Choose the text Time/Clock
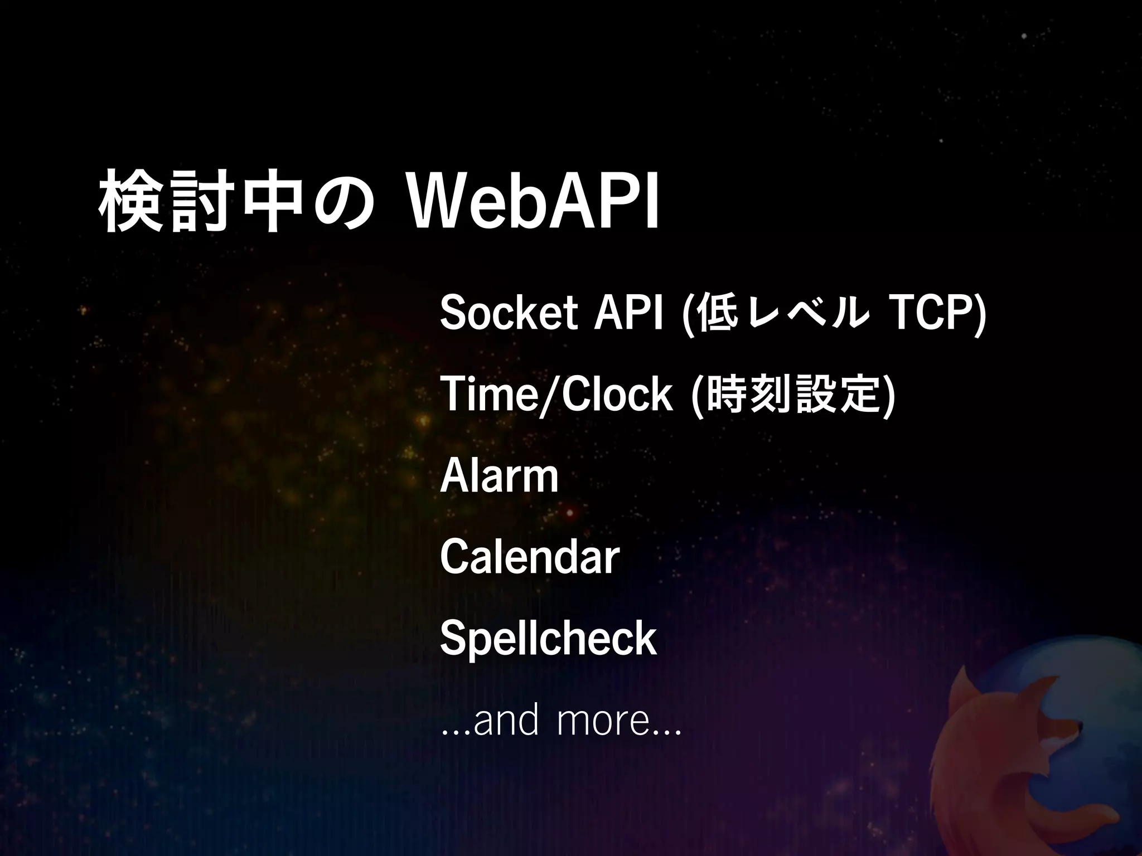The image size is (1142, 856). point(557,395)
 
